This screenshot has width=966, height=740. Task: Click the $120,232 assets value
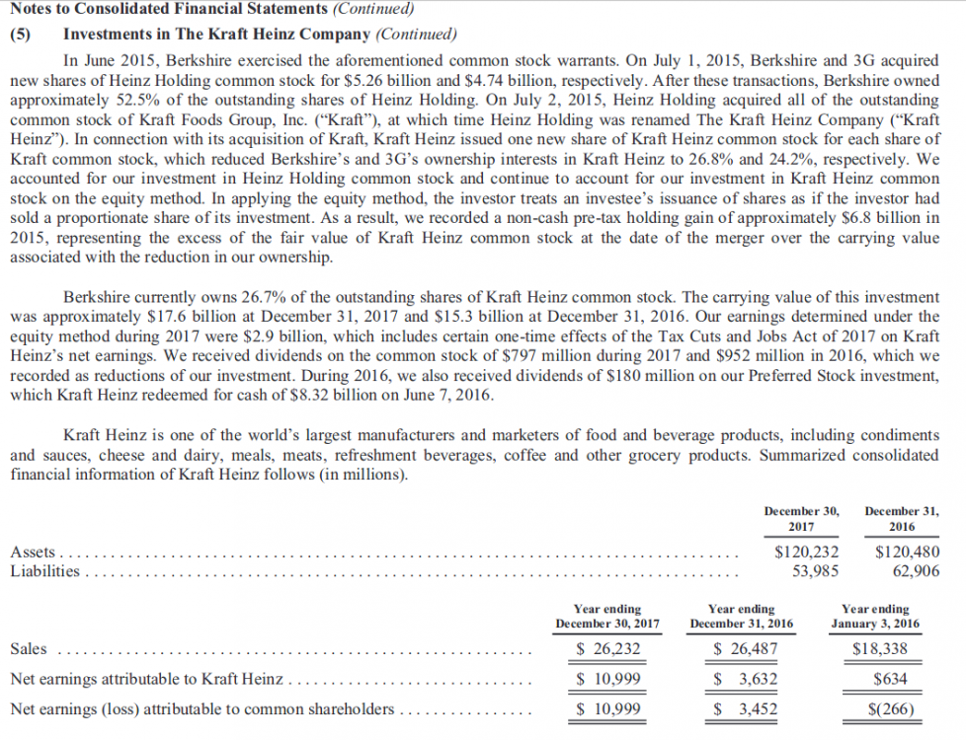[x=807, y=553]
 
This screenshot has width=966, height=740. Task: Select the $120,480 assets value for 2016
[x=908, y=553]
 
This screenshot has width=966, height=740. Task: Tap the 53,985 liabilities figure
[x=818, y=570]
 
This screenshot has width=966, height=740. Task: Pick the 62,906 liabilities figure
[x=916, y=570]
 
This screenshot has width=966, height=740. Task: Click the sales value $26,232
[x=608, y=648]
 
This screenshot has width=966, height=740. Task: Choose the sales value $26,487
[x=745, y=648]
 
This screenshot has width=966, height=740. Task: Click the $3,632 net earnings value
[x=745, y=679]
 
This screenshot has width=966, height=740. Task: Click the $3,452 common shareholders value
[x=745, y=709]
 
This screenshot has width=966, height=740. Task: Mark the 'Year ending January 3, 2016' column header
[x=875, y=616]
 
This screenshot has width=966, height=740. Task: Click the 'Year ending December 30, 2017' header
[x=607, y=616]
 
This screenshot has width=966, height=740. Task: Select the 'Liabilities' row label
[x=44, y=570]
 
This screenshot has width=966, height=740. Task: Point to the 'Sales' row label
[x=28, y=648]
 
